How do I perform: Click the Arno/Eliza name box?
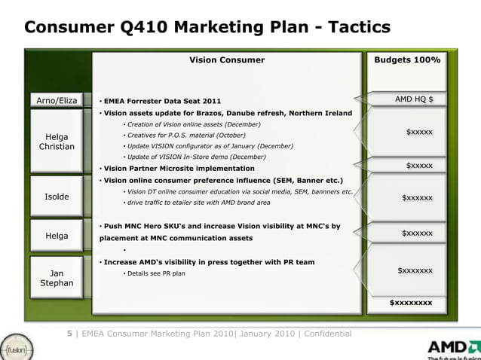pyautogui.click(x=57, y=99)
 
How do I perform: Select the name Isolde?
pyautogui.click(x=57, y=197)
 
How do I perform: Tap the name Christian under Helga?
pyautogui.click(x=57, y=146)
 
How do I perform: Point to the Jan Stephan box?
pyautogui.click(x=57, y=277)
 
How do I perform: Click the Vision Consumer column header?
pyautogui.click(x=226, y=59)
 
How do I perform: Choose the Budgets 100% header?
pyautogui.click(x=412, y=59)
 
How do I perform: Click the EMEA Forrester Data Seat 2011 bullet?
pyautogui.click(x=162, y=100)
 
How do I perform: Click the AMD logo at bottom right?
pyautogui.click(x=453, y=349)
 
